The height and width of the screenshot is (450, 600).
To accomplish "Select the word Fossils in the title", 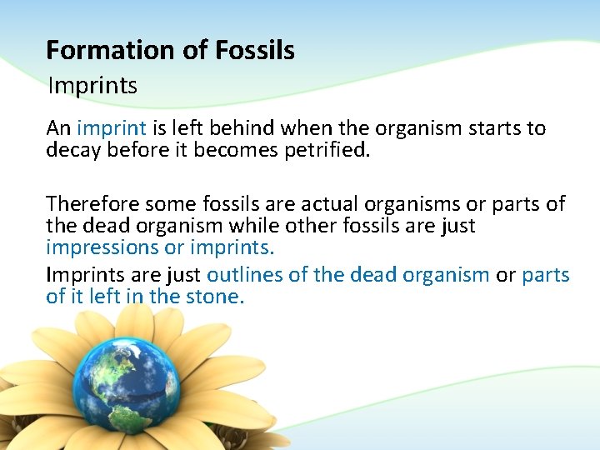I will coord(254,50).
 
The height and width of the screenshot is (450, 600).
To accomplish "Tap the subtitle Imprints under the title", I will coord(92,85).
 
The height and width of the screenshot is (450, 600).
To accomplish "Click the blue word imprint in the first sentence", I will coord(112,128).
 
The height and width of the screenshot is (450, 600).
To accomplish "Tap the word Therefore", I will coord(92,203).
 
